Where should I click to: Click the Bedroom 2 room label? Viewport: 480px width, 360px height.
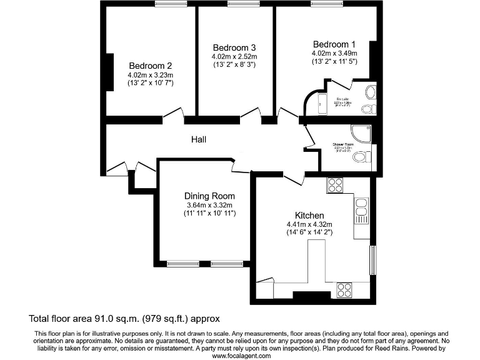pyautogui.click(x=150, y=65)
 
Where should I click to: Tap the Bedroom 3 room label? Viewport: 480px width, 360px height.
pyautogui.click(x=234, y=47)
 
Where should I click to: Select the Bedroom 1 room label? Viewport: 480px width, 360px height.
pyautogui.click(x=334, y=44)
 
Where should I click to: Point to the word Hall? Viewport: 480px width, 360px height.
pyautogui.click(x=199, y=139)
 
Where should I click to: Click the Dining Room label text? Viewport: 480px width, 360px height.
pyautogui.click(x=209, y=196)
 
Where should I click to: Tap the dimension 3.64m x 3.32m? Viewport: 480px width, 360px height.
pyautogui.click(x=209, y=205)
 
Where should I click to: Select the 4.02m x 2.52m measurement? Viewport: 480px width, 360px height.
pyautogui.click(x=234, y=56)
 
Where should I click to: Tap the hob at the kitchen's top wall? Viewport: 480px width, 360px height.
pyautogui.click(x=336, y=185)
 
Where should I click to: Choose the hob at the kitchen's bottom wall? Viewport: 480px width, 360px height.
pyautogui.click(x=344, y=289)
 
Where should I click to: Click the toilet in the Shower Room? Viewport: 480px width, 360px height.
pyautogui.click(x=361, y=156)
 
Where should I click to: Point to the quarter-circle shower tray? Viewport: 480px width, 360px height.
pyautogui.click(x=362, y=133)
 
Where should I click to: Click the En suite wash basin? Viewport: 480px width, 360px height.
pyautogui.click(x=369, y=93)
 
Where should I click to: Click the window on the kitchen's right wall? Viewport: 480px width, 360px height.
pyautogui.click(x=373, y=259)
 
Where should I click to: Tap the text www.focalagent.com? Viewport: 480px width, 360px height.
pyautogui.click(x=241, y=355)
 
